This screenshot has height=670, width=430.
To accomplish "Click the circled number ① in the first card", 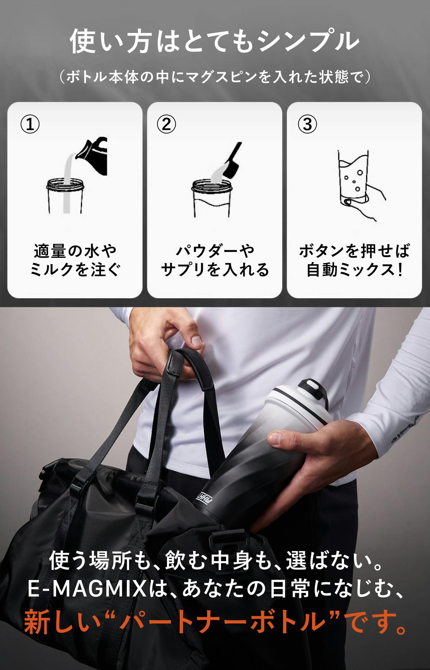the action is click(x=29, y=124).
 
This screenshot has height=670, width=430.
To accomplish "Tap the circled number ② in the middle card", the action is click(x=167, y=124).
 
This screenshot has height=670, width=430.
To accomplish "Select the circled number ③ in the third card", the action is click(x=307, y=124).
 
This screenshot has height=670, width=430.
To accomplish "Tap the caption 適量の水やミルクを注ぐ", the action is click(x=75, y=260).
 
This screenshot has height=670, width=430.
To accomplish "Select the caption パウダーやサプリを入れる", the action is click(x=215, y=260).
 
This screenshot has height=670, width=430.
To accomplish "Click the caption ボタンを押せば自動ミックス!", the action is click(x=354, y=260).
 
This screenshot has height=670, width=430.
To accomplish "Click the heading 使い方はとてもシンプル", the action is click(x=214, y=42).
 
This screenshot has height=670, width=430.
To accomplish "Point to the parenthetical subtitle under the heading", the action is click(x=215, y=77).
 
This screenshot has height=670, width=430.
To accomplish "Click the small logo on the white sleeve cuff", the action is click(x=405, y=430).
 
